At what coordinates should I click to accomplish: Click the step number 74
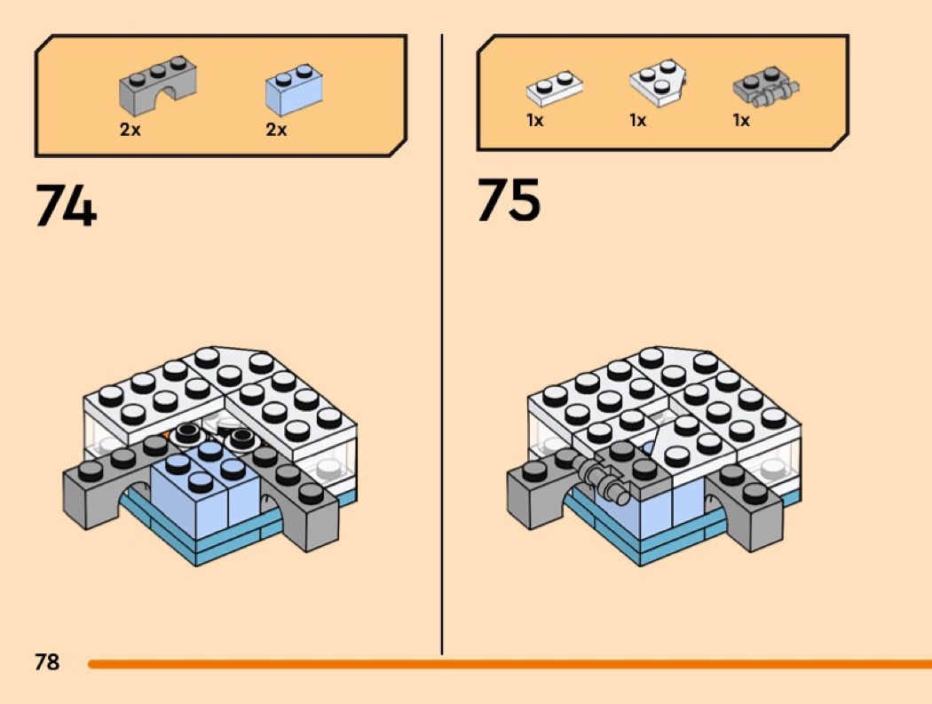[66, 207]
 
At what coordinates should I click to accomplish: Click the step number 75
[509, 201]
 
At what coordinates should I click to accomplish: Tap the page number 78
[47, 662]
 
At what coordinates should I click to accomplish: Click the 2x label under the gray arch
[130, 130]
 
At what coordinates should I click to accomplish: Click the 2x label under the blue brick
[276, 130]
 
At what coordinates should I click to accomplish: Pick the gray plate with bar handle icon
[765, 87]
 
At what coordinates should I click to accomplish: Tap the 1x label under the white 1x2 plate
[534, 121]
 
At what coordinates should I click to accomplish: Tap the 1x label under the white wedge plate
[637, 121]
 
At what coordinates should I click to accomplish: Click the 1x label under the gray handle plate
[741, 121]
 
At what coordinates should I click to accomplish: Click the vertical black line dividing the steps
[442, 355]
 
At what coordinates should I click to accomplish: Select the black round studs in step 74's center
[213, 435]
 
